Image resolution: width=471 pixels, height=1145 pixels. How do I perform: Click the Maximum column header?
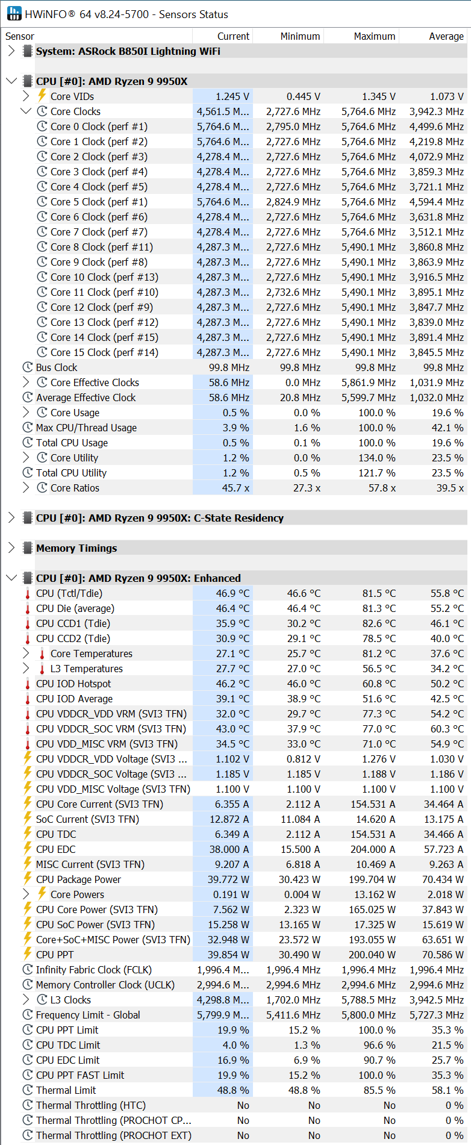(374, 36)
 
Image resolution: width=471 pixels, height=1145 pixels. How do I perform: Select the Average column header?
(446, 36)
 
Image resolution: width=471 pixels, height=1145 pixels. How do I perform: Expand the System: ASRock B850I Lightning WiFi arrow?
(11, 51)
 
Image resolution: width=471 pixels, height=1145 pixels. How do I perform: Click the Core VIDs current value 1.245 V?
(232, 96)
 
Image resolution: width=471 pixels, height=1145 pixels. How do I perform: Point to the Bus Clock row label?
(57, 367)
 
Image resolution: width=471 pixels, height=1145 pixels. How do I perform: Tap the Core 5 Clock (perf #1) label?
(99, 202)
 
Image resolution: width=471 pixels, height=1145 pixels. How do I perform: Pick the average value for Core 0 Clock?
(437, 126)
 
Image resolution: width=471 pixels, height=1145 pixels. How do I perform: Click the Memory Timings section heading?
(76, 548)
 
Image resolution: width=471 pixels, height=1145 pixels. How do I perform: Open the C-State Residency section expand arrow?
(11, 518)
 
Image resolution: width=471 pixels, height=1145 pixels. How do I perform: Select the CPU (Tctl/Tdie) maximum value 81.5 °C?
(379, 593)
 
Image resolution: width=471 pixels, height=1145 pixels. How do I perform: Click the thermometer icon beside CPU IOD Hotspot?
(28, 684)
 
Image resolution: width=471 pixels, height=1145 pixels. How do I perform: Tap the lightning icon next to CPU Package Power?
(28, 879)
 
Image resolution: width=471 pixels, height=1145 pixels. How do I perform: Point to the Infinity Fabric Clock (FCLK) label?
(94, 970)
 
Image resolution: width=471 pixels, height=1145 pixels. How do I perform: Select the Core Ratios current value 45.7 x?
(235, 488)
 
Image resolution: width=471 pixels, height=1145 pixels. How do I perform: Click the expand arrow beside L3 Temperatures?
(26, 669)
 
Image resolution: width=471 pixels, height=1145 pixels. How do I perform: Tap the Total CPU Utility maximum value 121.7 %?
(377, 473)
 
